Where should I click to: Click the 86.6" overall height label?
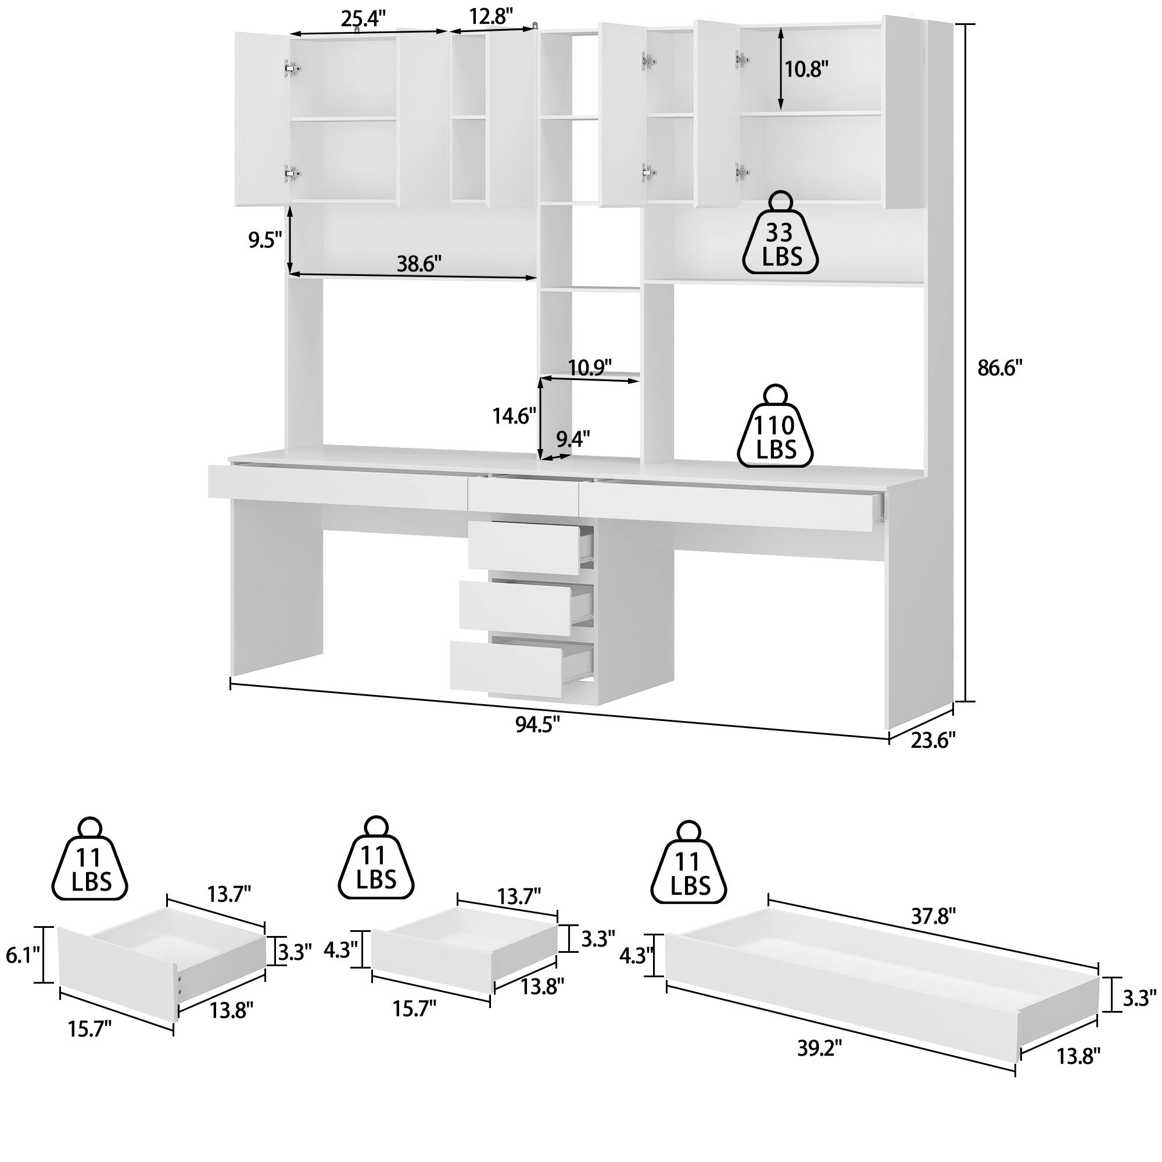pos(999,368)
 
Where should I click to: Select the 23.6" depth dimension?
pos(933,741)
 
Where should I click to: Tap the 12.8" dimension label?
pos(491,16)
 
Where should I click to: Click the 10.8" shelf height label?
pos(806,70)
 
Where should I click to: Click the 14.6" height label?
pos(514,415)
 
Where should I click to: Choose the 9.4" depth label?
pos(573,439)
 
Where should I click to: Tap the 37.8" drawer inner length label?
pos(934,916)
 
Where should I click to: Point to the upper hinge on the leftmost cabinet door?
pos(292,68)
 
